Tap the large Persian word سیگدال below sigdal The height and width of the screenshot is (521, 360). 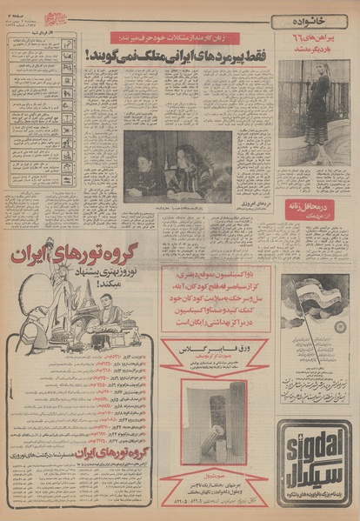(x=315, y=477)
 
